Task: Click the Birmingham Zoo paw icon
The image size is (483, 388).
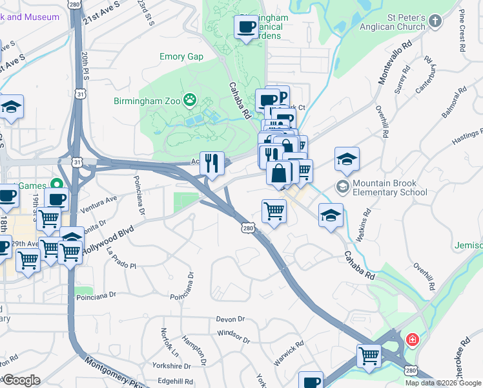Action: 190,100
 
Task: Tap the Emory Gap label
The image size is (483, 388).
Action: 181,57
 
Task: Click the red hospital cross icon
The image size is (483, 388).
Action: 411,339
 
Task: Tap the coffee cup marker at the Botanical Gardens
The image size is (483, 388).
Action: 245,28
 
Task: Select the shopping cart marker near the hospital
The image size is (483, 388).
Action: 369,356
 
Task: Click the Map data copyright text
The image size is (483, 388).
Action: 443,383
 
